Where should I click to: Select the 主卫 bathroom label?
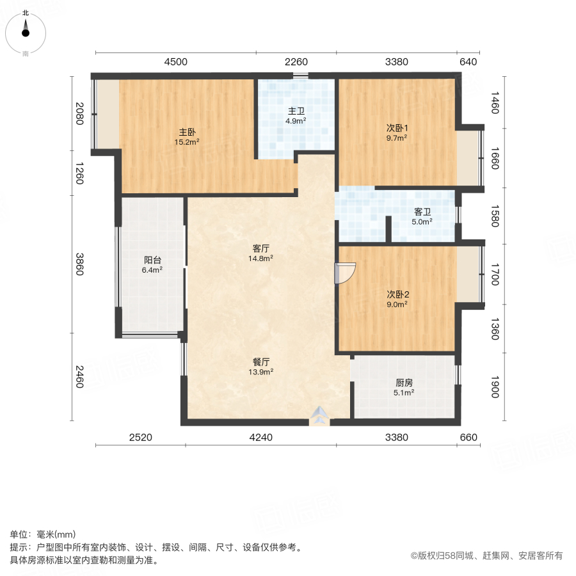pyautogui.click(x=296, y=109)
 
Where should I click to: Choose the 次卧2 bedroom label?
pyautogui.click(x=397, y=294)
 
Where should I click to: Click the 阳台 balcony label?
pyautogui.click(x=152, y=260)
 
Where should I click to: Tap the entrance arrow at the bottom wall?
pyautogui.click(x=318, y=417)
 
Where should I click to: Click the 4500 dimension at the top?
pyautogui.click(x=176, y=62)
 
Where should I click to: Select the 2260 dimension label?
pyautogui.click(x=296, y=62)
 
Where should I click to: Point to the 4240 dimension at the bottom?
pyautogui.click(x=260, y=438)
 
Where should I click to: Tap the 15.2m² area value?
pyautogui.click(x=187, y=142)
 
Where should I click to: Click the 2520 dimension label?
pyautogui.click(x=140, y=438)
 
